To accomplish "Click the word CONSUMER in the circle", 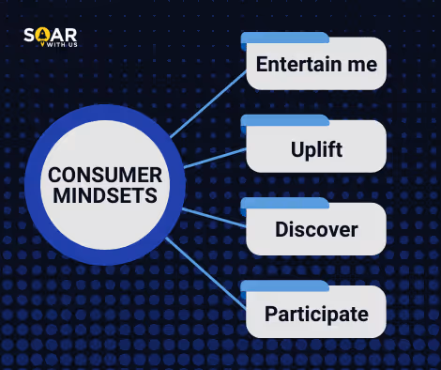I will [105, 175].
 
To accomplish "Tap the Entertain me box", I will [316, 66].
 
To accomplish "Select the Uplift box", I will [316, 149].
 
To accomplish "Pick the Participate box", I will [316, 314].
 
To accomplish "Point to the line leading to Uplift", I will [214, 156].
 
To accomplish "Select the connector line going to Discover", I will [214, 217].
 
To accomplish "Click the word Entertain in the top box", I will [297, 66].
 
